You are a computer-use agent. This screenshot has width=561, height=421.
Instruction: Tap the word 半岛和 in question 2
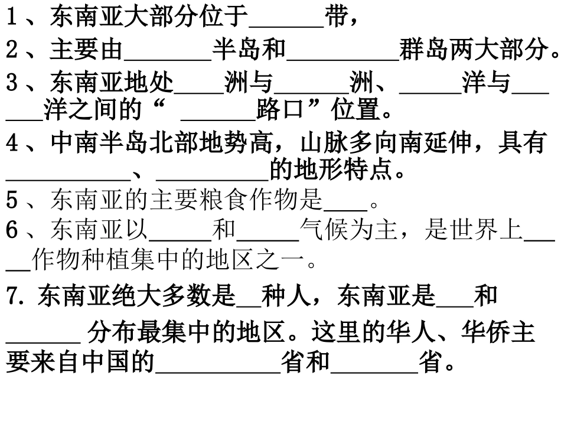(249, 51)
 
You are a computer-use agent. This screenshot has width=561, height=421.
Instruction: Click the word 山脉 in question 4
(325, 143)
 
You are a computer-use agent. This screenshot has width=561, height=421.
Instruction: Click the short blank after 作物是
(345, 205)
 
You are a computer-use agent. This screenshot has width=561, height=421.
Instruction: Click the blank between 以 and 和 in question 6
(180, 236)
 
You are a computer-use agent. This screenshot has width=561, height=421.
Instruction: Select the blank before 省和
(217, 367)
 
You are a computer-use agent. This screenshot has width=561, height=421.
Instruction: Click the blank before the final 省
(374, 367)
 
